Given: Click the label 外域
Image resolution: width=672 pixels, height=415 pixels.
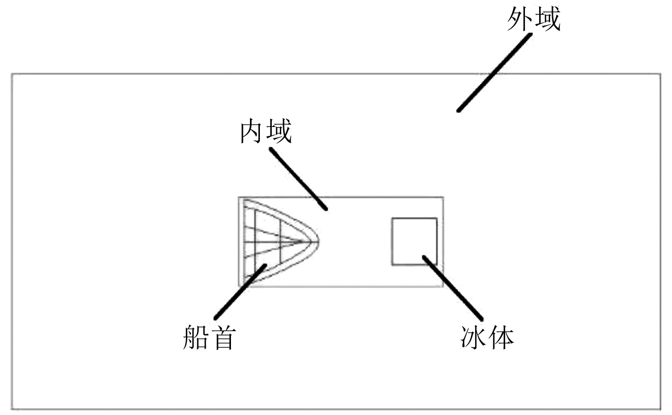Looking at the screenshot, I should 534,19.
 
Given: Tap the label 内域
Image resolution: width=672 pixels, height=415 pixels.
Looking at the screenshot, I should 265,131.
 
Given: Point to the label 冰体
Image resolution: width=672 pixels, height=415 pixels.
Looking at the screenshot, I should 487,337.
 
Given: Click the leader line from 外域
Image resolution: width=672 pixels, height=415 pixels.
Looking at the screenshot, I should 493,73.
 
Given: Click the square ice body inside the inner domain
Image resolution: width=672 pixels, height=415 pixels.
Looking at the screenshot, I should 414,241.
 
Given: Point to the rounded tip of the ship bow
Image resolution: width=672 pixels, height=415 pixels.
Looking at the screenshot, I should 317,241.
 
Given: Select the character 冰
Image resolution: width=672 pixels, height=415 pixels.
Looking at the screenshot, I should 473,337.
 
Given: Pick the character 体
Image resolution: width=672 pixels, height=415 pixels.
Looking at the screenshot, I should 501,337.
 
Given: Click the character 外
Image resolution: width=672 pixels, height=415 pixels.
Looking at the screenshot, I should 520,19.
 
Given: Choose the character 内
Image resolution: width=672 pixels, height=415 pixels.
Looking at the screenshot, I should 252,131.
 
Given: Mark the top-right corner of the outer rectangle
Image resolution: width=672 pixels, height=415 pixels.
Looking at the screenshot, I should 660,74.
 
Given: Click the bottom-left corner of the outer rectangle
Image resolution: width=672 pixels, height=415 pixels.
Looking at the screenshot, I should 12,408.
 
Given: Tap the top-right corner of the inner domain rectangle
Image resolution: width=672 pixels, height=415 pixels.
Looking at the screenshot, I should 443,197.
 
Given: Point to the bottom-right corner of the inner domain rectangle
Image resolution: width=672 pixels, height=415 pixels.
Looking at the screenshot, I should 443,286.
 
